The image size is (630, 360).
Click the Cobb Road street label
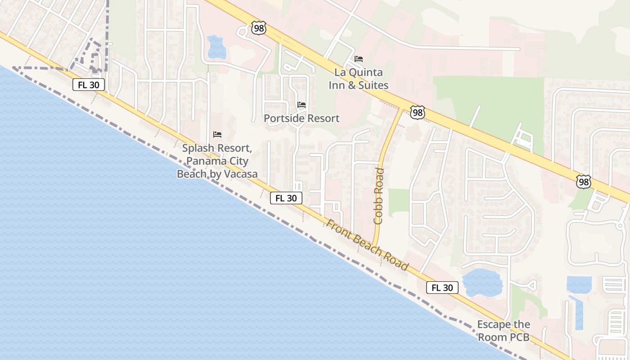click(x=379, y=196)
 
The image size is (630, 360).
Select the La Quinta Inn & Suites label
click(x=359, y=78)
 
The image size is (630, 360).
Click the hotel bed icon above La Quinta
click(x=359, y=59)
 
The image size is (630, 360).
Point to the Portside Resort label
click(x=301, y=118)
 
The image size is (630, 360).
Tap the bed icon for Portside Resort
click(x=301, y=105)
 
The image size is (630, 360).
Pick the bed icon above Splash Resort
click(x=217, y=135)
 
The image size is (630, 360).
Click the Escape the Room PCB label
click(x=504, y=331)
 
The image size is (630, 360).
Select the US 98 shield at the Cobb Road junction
click(x=418, y=112)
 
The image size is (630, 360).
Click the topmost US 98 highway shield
click(x=259, y=28)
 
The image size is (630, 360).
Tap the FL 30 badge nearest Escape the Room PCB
click(x=442, y=288)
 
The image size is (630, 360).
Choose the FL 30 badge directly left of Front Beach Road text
click(x=286, y=198)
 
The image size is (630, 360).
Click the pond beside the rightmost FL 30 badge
click(x=482, y=283)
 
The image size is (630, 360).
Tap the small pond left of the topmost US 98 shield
click(x=216, y=47)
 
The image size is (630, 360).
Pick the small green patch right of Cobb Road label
click(x=398, y=200)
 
